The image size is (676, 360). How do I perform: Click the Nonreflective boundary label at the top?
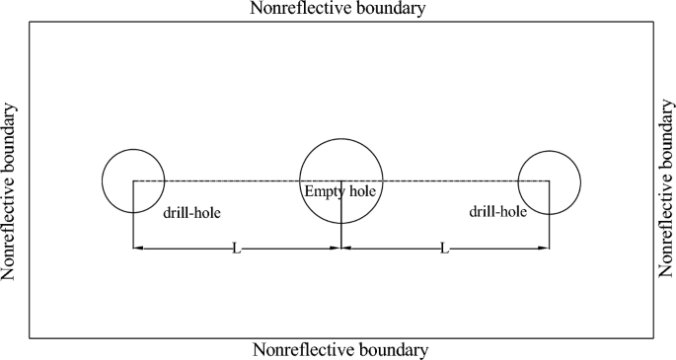click(339, 10)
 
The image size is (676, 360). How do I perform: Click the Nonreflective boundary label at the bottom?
click(340, 350)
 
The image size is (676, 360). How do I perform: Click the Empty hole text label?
click(340, 190)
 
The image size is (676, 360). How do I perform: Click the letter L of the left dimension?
click(235, 249)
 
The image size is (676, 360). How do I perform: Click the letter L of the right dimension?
click(444, 249)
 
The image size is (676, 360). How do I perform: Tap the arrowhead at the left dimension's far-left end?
click(138, 249)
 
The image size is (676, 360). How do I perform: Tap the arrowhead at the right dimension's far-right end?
click(544, 249)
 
